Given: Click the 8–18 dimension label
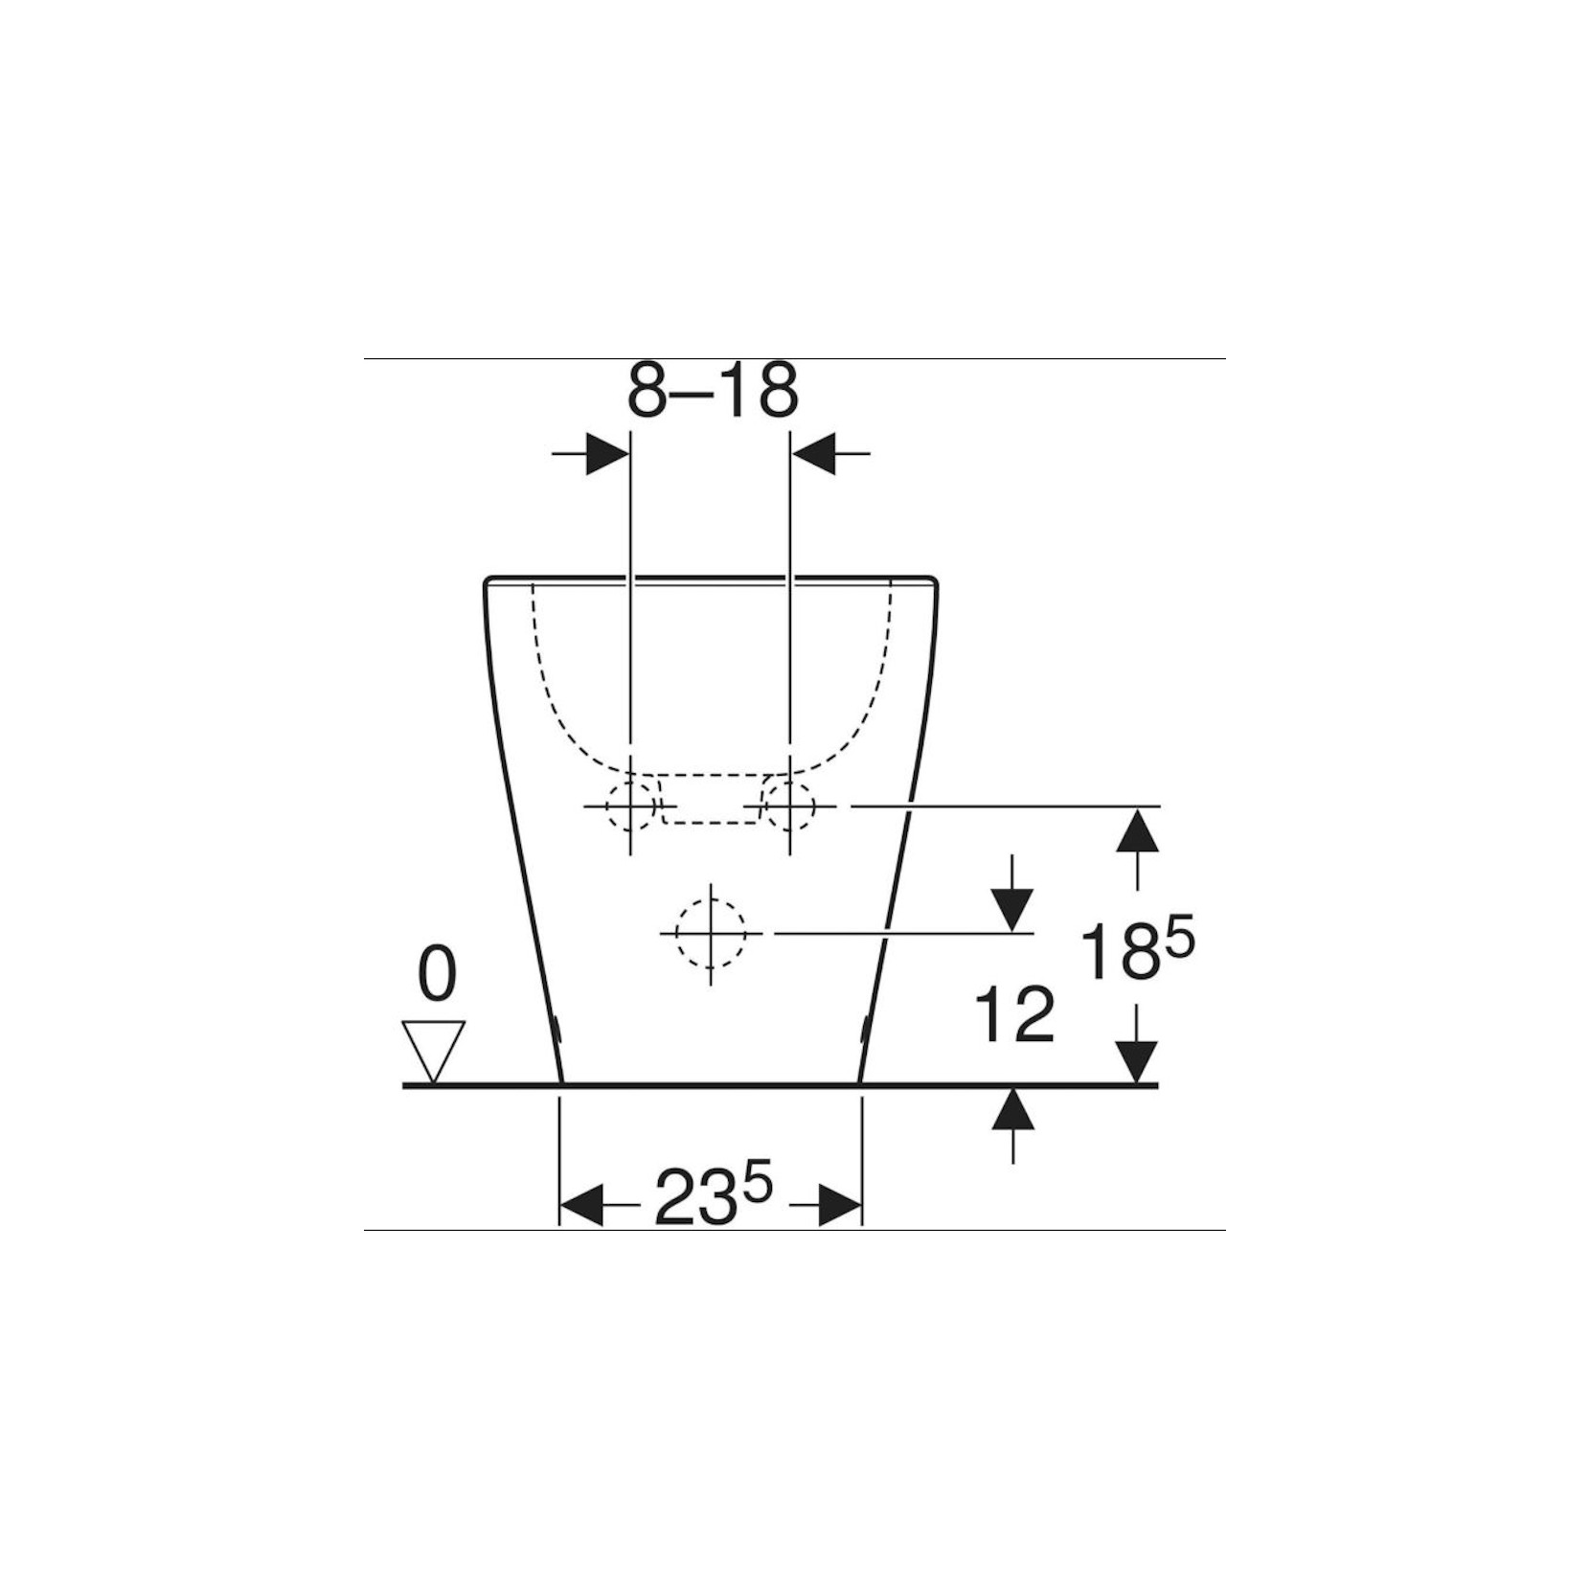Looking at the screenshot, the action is pos(713,391).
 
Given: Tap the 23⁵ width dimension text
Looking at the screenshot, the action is pos(713,1196).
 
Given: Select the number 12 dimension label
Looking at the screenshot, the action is pos(1014,1014).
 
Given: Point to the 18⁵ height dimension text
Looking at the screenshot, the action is pos(1137,949).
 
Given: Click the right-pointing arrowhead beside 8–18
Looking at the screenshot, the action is pos(607,453).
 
